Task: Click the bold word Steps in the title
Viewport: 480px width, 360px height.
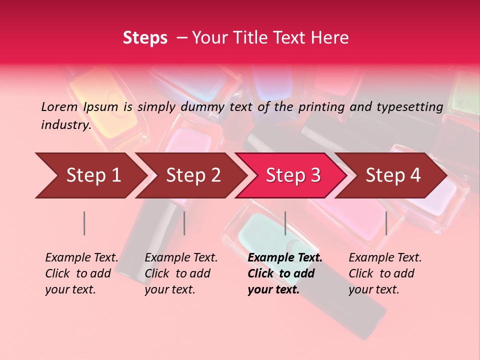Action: (145, 37)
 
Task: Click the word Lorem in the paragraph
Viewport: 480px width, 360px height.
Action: (59, 106)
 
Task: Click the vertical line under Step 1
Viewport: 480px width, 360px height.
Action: (84, 223)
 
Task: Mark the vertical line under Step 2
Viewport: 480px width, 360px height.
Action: (184, 223)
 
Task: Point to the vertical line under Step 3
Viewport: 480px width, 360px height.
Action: (285, 223)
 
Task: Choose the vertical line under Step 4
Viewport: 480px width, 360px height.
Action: (386, 223)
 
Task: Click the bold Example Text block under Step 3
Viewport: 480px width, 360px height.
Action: (284, 273)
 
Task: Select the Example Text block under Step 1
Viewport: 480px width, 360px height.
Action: (81, 273)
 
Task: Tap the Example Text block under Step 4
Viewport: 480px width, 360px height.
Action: (384, 273)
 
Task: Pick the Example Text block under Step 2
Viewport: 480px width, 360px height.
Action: (181, 273)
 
